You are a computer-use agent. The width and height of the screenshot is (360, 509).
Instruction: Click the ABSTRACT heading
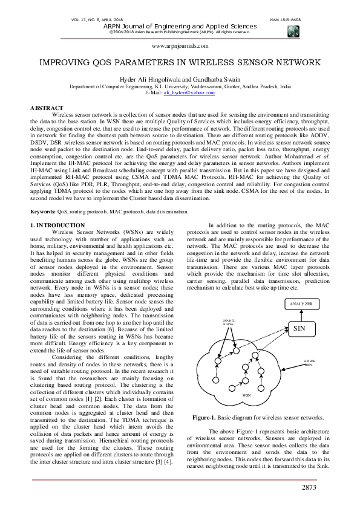coord(47,108)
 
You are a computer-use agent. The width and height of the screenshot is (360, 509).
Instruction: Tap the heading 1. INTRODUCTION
coord(57,225)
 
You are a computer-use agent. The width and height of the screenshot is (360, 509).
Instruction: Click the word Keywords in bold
coord(44,212)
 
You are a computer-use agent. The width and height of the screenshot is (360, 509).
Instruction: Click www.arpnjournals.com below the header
coord(179,45)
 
